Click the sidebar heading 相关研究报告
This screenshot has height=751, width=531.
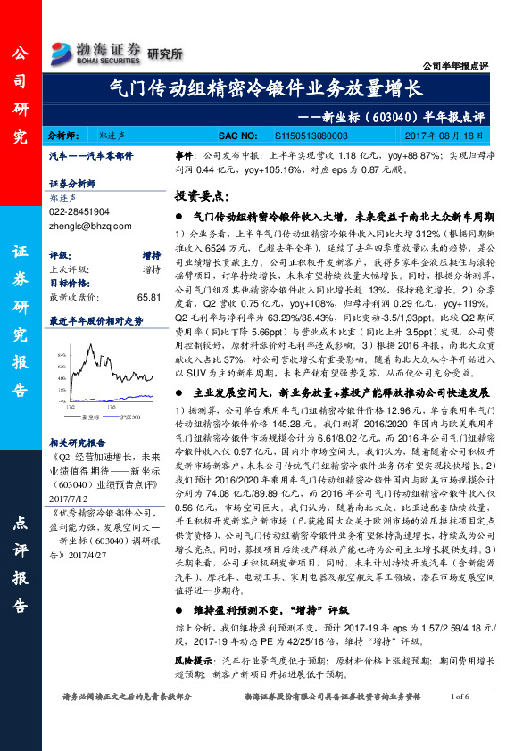79,442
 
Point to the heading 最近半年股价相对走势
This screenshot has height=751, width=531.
95,318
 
